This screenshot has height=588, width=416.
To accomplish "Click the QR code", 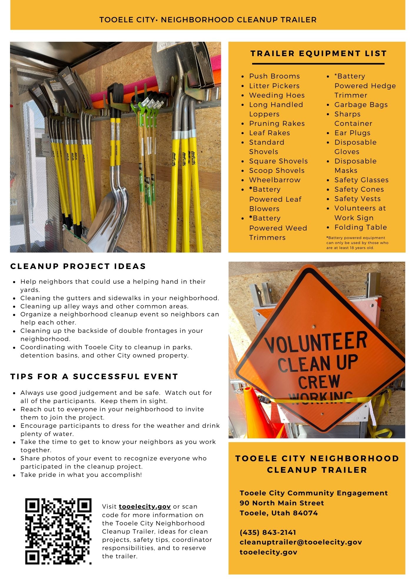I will (x=58, y=531).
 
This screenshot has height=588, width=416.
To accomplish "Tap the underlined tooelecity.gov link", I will (x=145, y=507).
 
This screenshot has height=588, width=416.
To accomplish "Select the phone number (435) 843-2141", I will (x=268, y=532).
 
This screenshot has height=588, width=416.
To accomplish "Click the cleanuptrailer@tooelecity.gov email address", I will (x=301, y=542).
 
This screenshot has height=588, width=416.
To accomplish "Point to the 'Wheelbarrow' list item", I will (x=275, y=180).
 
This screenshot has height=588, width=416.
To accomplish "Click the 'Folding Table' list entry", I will (x=360, y=227).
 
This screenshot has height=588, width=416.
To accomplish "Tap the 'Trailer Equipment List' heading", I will (x=318, y=54).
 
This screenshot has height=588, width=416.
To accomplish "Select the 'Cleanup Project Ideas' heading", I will (x=78, y=266).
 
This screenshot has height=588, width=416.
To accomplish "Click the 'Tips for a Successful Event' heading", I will (x=94, y=377).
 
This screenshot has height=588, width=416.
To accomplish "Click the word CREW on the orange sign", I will (x=319, y=382).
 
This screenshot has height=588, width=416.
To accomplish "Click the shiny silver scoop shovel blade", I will (x=110, y=218).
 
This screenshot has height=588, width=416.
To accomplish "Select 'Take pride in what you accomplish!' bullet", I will (x=81, y=475).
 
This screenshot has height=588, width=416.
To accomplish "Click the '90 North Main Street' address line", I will (x=282, y=503).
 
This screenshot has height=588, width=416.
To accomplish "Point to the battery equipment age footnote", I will (x=357, y=243).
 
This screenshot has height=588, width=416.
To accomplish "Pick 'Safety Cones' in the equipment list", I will (x=359, y=189).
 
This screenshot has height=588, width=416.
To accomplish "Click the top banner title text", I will (x=208, y=20).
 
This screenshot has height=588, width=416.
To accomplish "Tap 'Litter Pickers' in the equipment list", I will (x=274, y=86).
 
